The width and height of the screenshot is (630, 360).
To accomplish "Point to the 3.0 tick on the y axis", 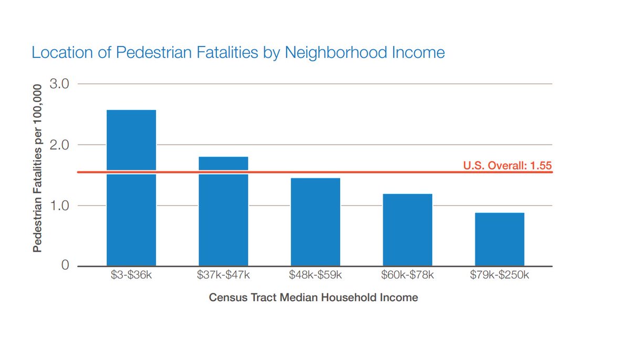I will [58, 84].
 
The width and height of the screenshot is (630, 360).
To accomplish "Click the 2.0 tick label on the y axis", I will [58, 145].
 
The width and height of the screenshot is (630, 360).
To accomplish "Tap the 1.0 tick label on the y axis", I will [58, 206].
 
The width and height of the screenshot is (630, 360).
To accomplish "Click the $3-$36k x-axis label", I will [131, 274].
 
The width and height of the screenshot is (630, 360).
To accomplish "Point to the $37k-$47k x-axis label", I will [223, 274].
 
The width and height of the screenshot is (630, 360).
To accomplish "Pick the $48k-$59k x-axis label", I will [316, 274].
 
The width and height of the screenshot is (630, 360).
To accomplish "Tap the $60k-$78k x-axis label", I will [407, 274].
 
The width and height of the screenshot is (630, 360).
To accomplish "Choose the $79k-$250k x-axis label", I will [499, 274].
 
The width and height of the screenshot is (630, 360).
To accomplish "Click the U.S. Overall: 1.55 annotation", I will [507, 166].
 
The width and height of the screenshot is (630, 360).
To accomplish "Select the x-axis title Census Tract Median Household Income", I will [313, 298].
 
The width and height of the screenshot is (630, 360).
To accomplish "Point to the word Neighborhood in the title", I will [333, 53].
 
